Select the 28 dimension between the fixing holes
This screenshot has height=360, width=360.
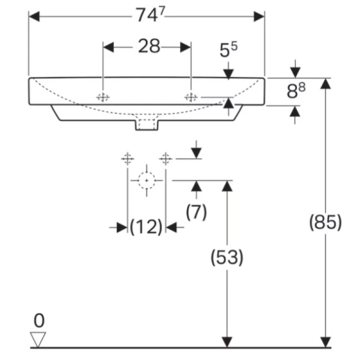[148, 47]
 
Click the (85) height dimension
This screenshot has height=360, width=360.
[325, 222]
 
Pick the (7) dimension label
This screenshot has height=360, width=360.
[196, 211]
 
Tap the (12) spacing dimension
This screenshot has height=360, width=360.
[146, 227]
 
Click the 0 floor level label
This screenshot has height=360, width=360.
[39, 320]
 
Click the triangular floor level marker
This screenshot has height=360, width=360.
[39, 339]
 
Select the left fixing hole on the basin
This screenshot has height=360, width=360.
[103, 97]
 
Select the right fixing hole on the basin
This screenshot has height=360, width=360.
[191, 97]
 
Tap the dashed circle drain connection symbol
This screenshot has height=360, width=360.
[146, 179]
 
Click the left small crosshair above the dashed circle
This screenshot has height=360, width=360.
[127, 158]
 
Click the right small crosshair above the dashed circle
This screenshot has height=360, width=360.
[166, 158]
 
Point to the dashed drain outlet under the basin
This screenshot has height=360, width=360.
[147, 124]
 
